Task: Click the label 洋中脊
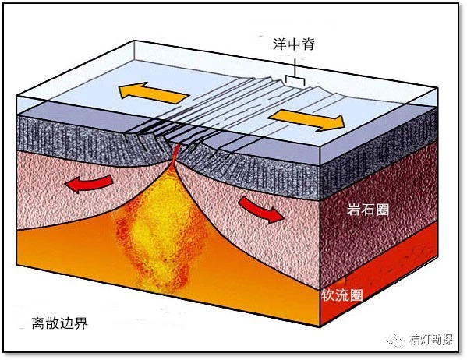tap(294, 44)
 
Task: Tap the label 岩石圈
tap(367, 210)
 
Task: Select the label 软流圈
tap(341, 295)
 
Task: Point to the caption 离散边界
tap(60, 323)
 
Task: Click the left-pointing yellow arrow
tap(154, 93)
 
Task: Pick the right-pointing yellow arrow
tap(306, 120)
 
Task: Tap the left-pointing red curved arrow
tap(89, 183)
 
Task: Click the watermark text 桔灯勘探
tap(431, 340)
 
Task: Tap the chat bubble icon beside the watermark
tap(395, 340)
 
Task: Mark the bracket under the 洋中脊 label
tap(295, 78)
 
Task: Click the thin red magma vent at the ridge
tap(175, 155)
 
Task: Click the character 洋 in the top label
tap(280, 44)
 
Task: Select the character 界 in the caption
tap(81, 323)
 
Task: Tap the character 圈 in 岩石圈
tap(382, 210)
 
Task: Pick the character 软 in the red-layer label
tap(327, 295)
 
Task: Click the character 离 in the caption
tap(39, 323)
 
